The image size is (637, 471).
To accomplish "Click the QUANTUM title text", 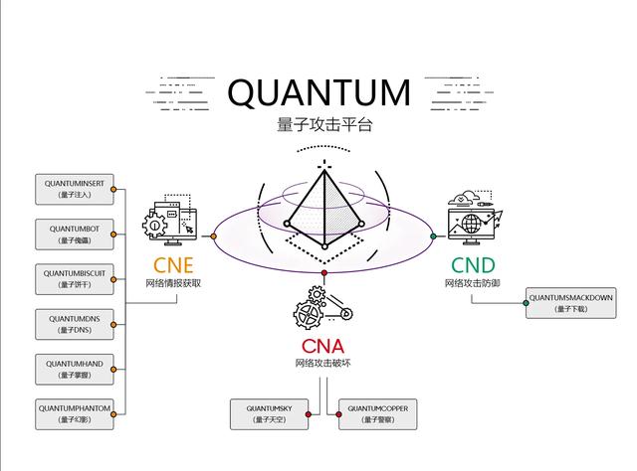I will (318, 92).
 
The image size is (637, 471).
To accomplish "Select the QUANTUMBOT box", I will (75, 235).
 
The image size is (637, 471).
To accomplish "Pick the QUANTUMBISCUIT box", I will (75, 279).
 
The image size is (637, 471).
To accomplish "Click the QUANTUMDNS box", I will (75, 324).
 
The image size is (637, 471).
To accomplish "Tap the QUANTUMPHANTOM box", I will (75, 413).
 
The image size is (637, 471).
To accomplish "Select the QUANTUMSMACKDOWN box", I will (570, 303).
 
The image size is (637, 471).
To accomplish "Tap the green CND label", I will (472, 265).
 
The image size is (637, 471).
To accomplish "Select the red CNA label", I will (322, 346).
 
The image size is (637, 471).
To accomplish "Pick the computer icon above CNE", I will (172, 224).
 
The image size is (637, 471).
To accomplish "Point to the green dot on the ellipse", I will (433, 236).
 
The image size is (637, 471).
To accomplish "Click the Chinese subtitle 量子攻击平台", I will (318, 126).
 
